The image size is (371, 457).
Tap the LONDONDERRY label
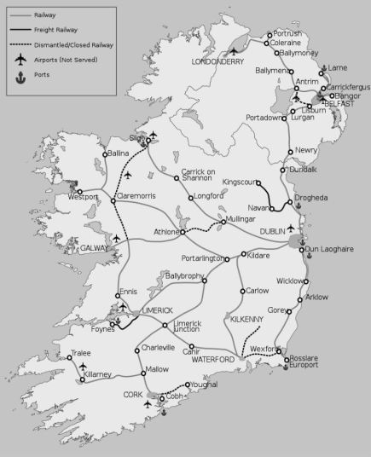(217, 62)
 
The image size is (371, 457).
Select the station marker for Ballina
(105, 154)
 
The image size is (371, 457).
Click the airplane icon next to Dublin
(292, 228)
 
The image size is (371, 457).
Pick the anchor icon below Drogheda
(299, 207)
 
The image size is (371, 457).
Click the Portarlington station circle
(228, 257)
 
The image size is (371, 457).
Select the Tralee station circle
(70, 358)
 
